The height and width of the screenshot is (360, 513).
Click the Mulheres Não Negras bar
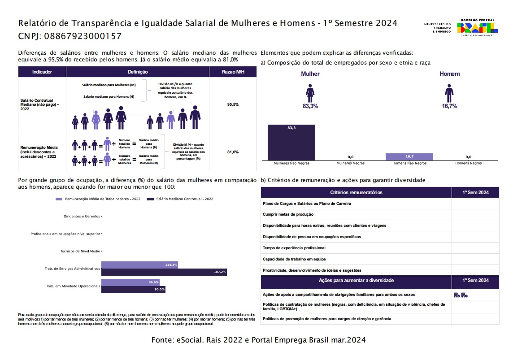pyautogui.click(x=291, y=143)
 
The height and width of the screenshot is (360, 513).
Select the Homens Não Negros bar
pyautogui.click(x=409, y=157)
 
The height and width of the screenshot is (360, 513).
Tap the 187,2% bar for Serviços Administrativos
pyautogui.click(x=164, y=272)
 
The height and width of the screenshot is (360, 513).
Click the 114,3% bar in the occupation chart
pyautogui.click(x=139, y=265)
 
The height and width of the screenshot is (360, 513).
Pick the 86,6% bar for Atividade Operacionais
pyautogui.click(x=130, y=282)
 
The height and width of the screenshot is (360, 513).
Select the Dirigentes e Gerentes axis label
pyautogui.click(x=82, y=217)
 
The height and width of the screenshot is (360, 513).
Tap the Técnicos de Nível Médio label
pyautogui.click(x=80, y=251)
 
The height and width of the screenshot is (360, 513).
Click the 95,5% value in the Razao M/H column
pyautogui.click(x=233, y=104)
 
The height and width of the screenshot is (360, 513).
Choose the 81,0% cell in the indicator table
pyautogui.click(x=233, y=152)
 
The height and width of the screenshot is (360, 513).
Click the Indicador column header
pyautogui.click(x=42, y=72)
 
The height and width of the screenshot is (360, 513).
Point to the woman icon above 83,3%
pyautogui.click(x=310, y=93)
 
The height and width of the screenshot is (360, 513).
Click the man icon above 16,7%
pyautogui.click(x=449, y=93)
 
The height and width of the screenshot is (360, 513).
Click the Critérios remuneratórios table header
pyautogui.click(x=356, y=192)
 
